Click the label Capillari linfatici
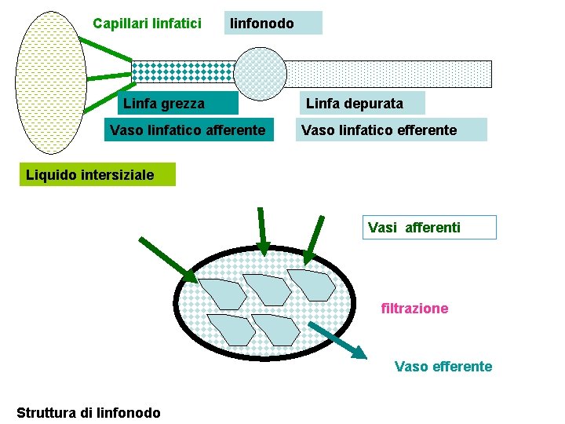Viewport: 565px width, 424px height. coord(148,24)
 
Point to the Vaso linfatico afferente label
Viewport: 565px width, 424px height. coord(188,130)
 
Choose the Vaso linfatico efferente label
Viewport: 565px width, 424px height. coord(391,130)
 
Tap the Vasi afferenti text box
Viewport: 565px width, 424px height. coord(428,228)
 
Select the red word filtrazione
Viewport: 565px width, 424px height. coord(414,309)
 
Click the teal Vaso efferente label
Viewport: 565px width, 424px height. coord(443,366)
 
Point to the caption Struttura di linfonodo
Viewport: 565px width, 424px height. coord(88,412)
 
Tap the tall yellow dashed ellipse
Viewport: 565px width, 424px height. coord(51,82)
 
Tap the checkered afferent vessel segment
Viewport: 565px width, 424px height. coord(182,72)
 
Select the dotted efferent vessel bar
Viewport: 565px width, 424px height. coord(392,74)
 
